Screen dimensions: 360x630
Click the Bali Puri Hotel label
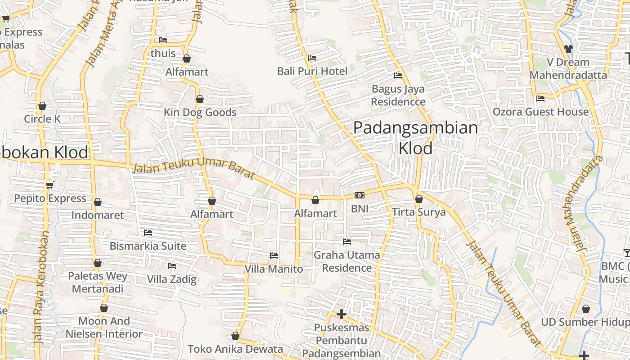(x=312, y=71)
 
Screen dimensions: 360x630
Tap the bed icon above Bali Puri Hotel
(x=312, y=58)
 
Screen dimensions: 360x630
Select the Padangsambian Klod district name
(x=415, y=138)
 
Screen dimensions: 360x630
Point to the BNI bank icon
(x=360, y=195)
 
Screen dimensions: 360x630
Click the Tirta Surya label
(x=418, y=212)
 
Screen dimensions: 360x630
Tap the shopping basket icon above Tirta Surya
(x=419, y=199)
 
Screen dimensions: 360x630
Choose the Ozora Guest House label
(x=540, y=112)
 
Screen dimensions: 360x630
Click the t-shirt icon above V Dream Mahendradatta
(x=568, y=49)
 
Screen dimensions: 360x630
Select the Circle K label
(x=42, y=119)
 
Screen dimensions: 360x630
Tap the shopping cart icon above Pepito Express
(x=50, y=185)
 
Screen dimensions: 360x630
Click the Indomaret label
(x=98, y=215)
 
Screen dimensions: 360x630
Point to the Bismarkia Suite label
(x=148, y=246)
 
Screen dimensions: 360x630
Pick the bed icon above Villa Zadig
(x=172, y=266)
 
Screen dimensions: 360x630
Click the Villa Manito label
(x=274, y=269)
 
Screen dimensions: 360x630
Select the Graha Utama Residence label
(x=346, y=261)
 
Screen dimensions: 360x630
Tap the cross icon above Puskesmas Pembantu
(x=342, y=314)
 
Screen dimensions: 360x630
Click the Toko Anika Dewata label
(x=235, y=349)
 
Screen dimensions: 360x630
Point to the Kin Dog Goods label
(x=200, y=112)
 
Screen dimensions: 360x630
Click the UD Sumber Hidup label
(x=585, y=322)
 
